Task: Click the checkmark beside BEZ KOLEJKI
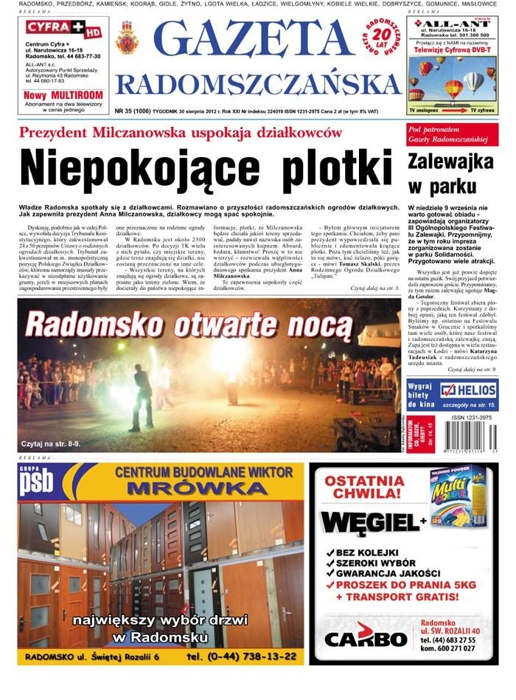click(329, 552)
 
